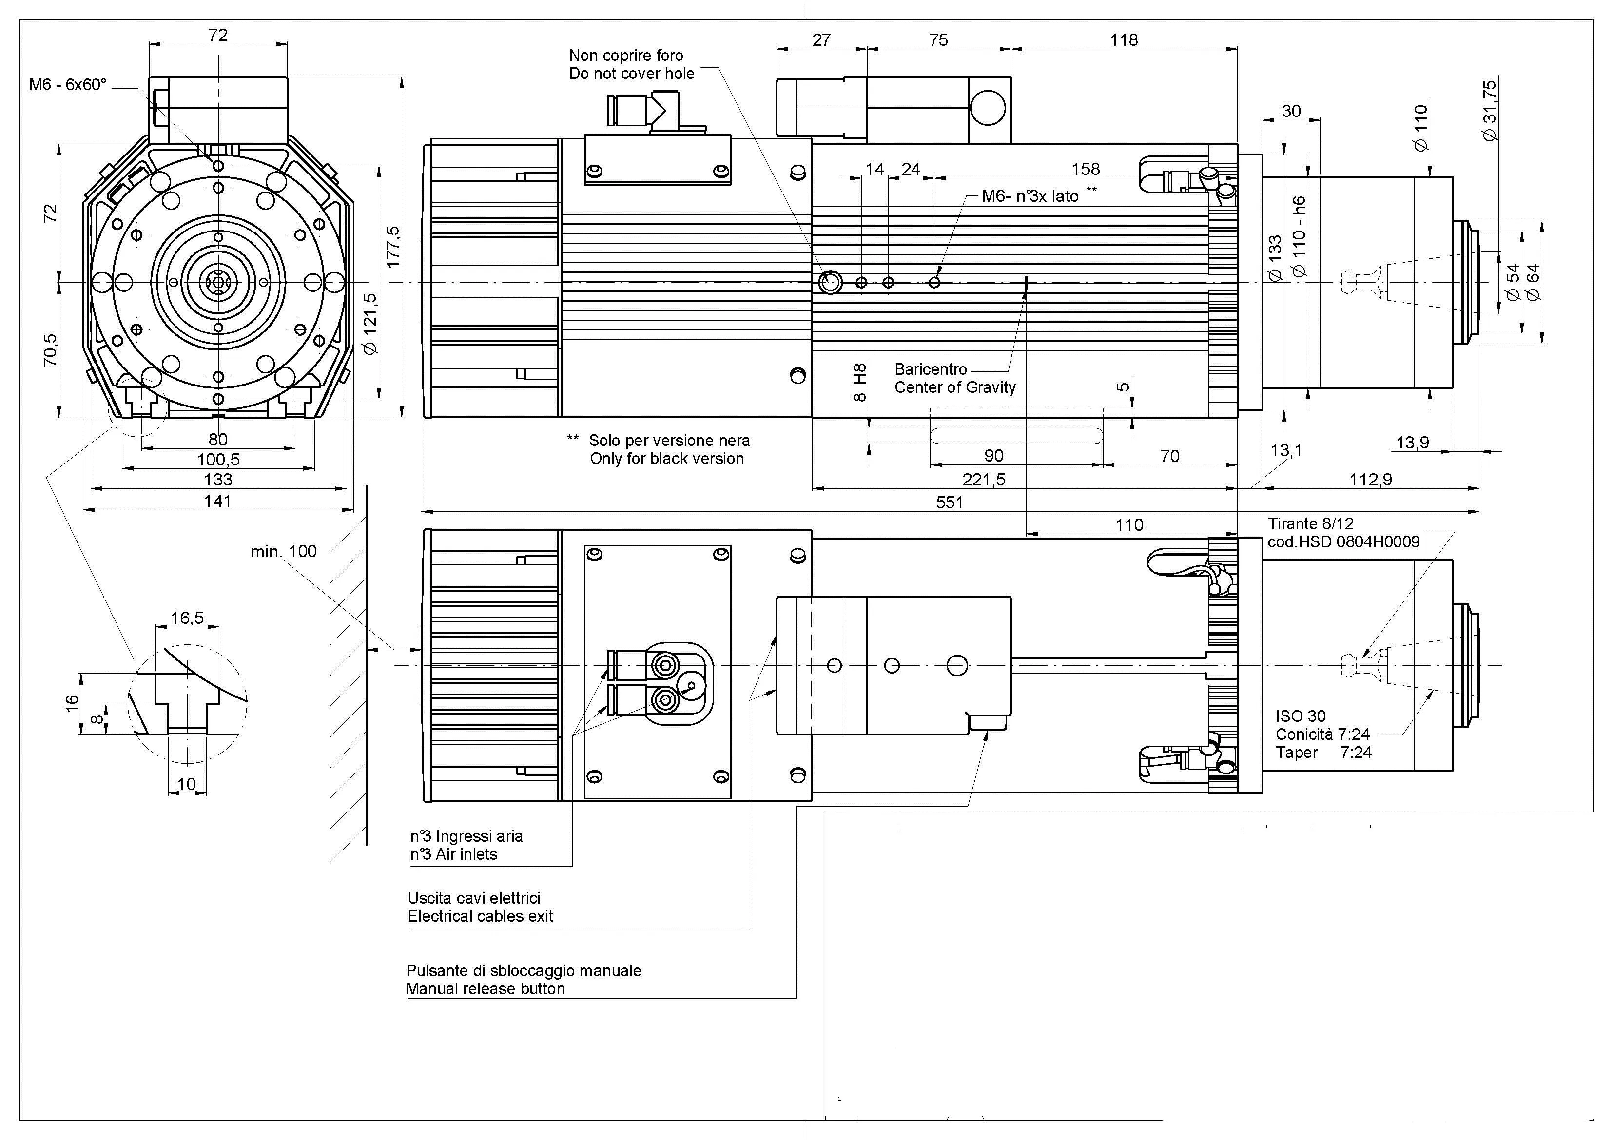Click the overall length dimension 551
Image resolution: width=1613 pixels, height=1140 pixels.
(x=949, y=502)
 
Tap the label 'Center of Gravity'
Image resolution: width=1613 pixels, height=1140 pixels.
(x=955, y=388)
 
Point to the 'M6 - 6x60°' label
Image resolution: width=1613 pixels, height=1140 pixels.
(x=67, y=85)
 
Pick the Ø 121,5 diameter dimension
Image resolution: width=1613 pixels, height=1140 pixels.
(x=371, y=323)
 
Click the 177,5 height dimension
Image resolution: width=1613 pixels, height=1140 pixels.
(x=393, y=246)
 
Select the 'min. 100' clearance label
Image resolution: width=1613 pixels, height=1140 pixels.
(x=283, y=551)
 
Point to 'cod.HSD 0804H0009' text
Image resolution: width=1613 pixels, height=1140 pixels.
(x=1343, y=541)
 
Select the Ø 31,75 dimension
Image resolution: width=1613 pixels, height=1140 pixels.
(x=1489, y=110)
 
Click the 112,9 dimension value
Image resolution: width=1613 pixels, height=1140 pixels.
(x=1370, y=480)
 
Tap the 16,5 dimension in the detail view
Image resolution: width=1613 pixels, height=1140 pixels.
(x=187, y=618)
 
